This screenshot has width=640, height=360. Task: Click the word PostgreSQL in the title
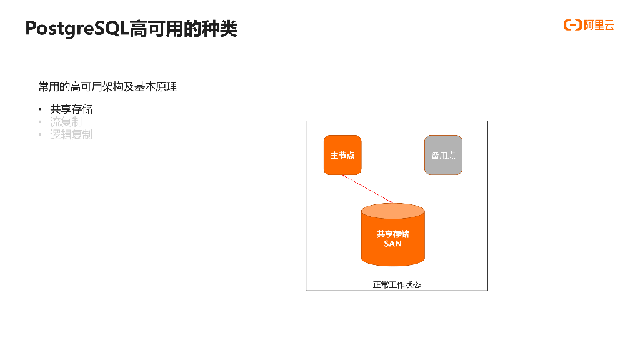pyautogui.click(x=77, y=29)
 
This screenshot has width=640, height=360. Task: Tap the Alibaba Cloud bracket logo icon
pyautogui.click(x=572, y=25)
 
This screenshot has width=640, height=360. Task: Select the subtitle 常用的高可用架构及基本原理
pyautogui.click(x=107, y=86)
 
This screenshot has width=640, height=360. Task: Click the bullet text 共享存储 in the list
pyautogui.click(x=71, y=109)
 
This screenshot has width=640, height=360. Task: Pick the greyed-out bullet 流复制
pyautogui.click(x=66, y=122)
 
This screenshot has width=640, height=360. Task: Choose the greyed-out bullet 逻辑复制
pyautogui.click(x=71, y=134)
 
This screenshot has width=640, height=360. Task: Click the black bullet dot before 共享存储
pyautogui.click(x=40, y=109)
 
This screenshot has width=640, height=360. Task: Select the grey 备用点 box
pyautogui.click(x=443, y=155)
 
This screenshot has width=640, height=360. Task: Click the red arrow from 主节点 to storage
pyautogui.click(x=367, y=188)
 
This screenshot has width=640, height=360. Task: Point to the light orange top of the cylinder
pyautogui.click(x=393, y=211)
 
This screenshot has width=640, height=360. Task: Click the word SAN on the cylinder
pyautogui.click(x=392, y=244)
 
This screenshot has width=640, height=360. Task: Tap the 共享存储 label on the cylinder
pyautogui.click(x=392, y=234)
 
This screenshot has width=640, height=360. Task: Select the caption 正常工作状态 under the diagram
pyautogui.click(x=397, y=284)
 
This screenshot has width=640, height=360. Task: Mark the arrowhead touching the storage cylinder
pyautogui.click(x=391, y=202)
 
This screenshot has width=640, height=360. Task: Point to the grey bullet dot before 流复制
pyautogui.click(x=40, y=122)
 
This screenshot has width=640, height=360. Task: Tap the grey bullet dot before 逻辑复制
pyautogui.click(x=40, y=134)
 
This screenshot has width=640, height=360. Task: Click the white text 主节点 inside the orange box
pyautogui.click(x=342, y=155)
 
